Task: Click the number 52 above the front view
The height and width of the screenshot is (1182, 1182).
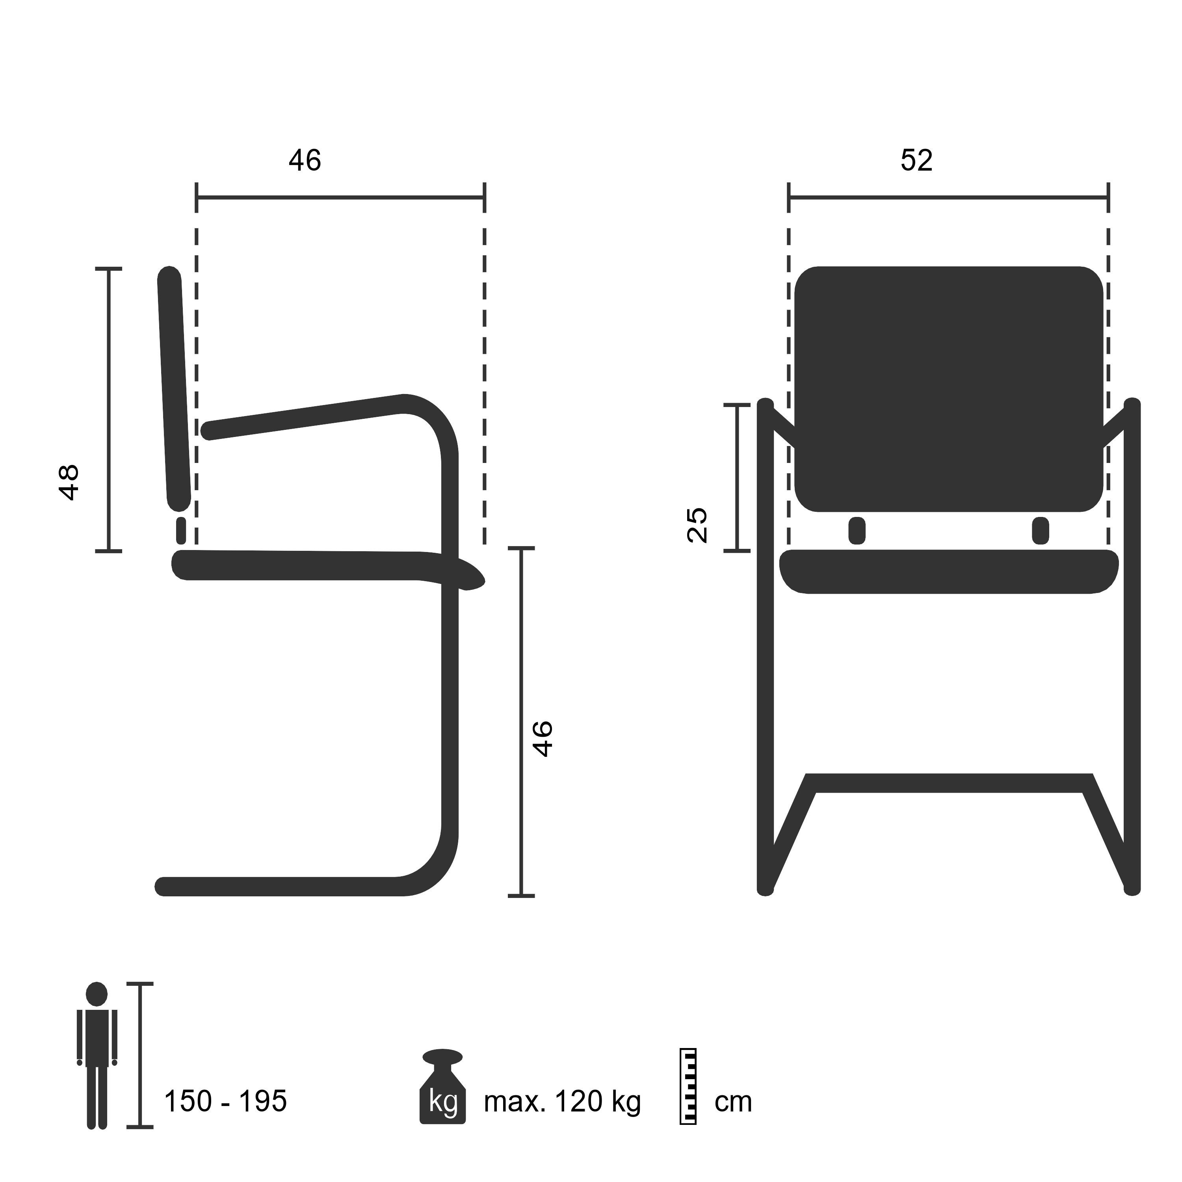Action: click(916, 160)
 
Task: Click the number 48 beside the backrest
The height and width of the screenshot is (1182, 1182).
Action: click(69, 482)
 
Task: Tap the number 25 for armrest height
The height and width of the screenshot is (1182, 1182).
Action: click(697, 525)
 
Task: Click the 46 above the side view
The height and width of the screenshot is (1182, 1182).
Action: click(305, 160)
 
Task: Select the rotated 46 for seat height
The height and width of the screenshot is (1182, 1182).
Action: click(543, 739)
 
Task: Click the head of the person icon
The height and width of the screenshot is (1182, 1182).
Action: click(97, 994)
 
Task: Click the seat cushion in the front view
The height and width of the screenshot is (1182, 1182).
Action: click(948, 571)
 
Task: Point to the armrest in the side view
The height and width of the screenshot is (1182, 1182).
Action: click(306, 418)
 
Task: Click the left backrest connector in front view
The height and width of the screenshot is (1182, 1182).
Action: click(857, 530)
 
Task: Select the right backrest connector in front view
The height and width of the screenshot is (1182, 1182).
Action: click(1040, 530)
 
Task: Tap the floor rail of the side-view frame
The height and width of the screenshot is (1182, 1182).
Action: click(275, 886)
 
